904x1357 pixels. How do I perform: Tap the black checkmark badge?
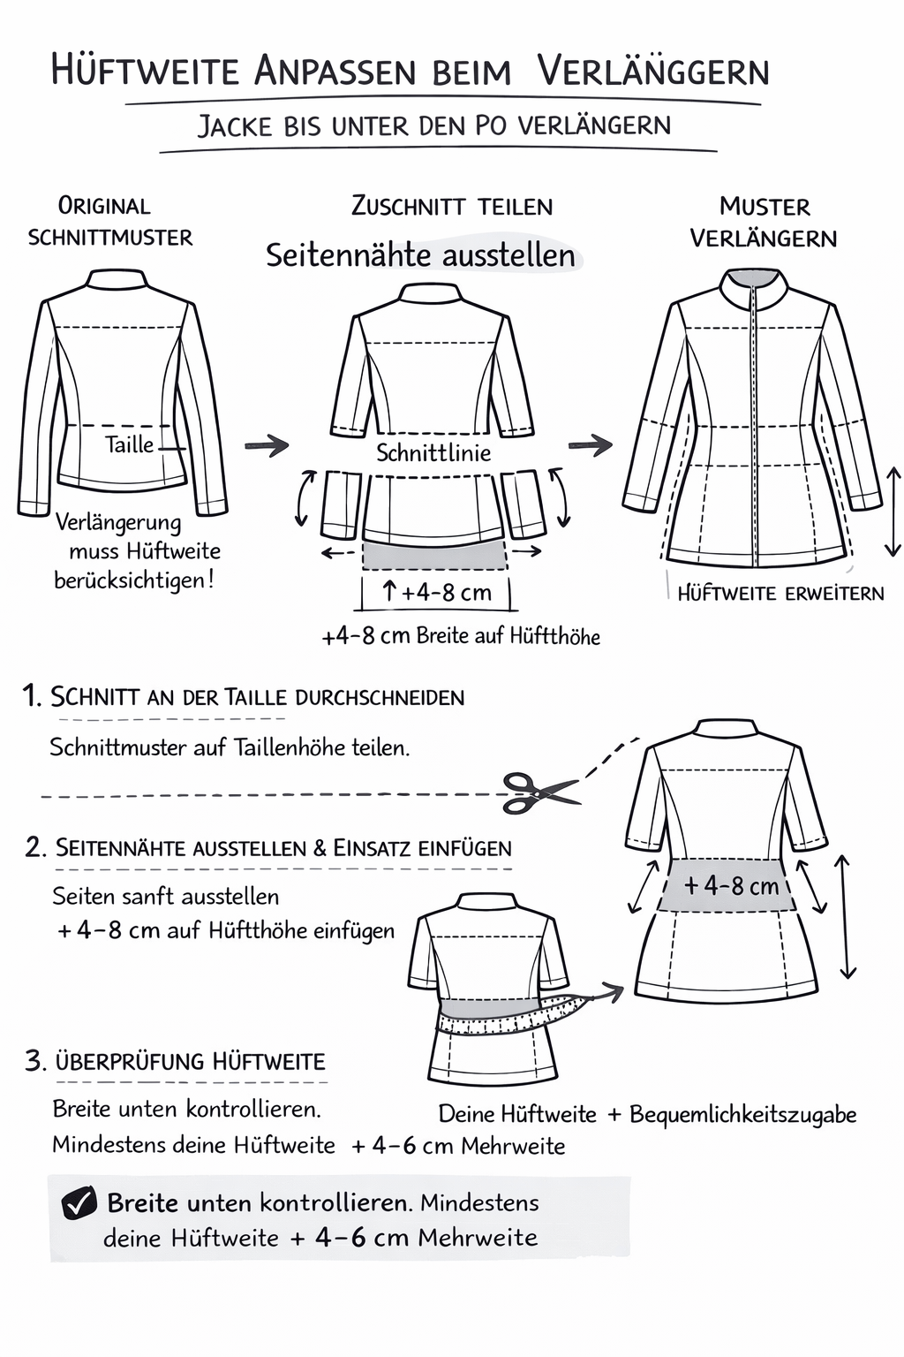pyautogui.click(x=79, y=1203)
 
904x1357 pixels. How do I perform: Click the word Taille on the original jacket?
pyautogui.click(x=129, y=444)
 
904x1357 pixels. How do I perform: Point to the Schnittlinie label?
pyautogui.click(x=433, y=453)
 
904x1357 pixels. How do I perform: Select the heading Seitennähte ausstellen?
pyautogui.click(x=421, y=255)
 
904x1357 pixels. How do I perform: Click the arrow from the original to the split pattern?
pyautogui.click(x=267, y=445)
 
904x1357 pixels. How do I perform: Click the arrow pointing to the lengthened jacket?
pyautogui.click(x=591, y=444)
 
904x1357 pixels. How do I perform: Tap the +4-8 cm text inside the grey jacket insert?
pyautogui.click(x=731, y=885)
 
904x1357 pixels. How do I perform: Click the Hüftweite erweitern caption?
pyautogui.click(x=780, y=593)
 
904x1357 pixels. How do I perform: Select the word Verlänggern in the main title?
pyautogui.click(x=653, y=71)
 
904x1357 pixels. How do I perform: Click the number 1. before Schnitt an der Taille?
pyautogui.click(x=32, y=696)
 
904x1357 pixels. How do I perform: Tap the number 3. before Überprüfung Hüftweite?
pyautogui.click(x=35, y=1061)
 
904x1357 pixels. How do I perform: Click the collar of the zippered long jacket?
pyautogui.click(x=751, y=290)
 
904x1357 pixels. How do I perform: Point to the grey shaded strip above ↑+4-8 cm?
pyautogui.click(x=434, y=555)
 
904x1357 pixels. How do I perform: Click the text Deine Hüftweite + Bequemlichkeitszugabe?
pyautogui.click(x=647, y=1114)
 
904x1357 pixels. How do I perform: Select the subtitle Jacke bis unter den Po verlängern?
pyautogui.click(x=433, y=125)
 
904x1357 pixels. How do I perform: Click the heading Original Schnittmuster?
pyautogui.click(x=109, y=221)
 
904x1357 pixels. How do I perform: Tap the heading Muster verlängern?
pyautogui.click(x=764, y=222)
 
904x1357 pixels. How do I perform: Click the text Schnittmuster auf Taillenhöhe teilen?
pyautogui.click(x=230, y=747)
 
